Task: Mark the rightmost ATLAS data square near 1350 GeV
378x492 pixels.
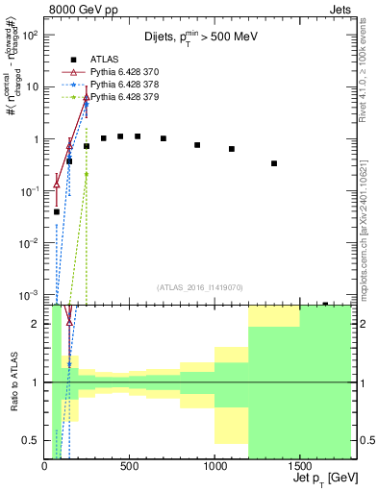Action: click(274, 163)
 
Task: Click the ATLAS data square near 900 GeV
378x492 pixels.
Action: click(197, 145)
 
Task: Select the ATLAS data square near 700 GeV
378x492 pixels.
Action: click(164, 138)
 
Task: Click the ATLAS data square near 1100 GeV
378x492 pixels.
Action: click(232, 149)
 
